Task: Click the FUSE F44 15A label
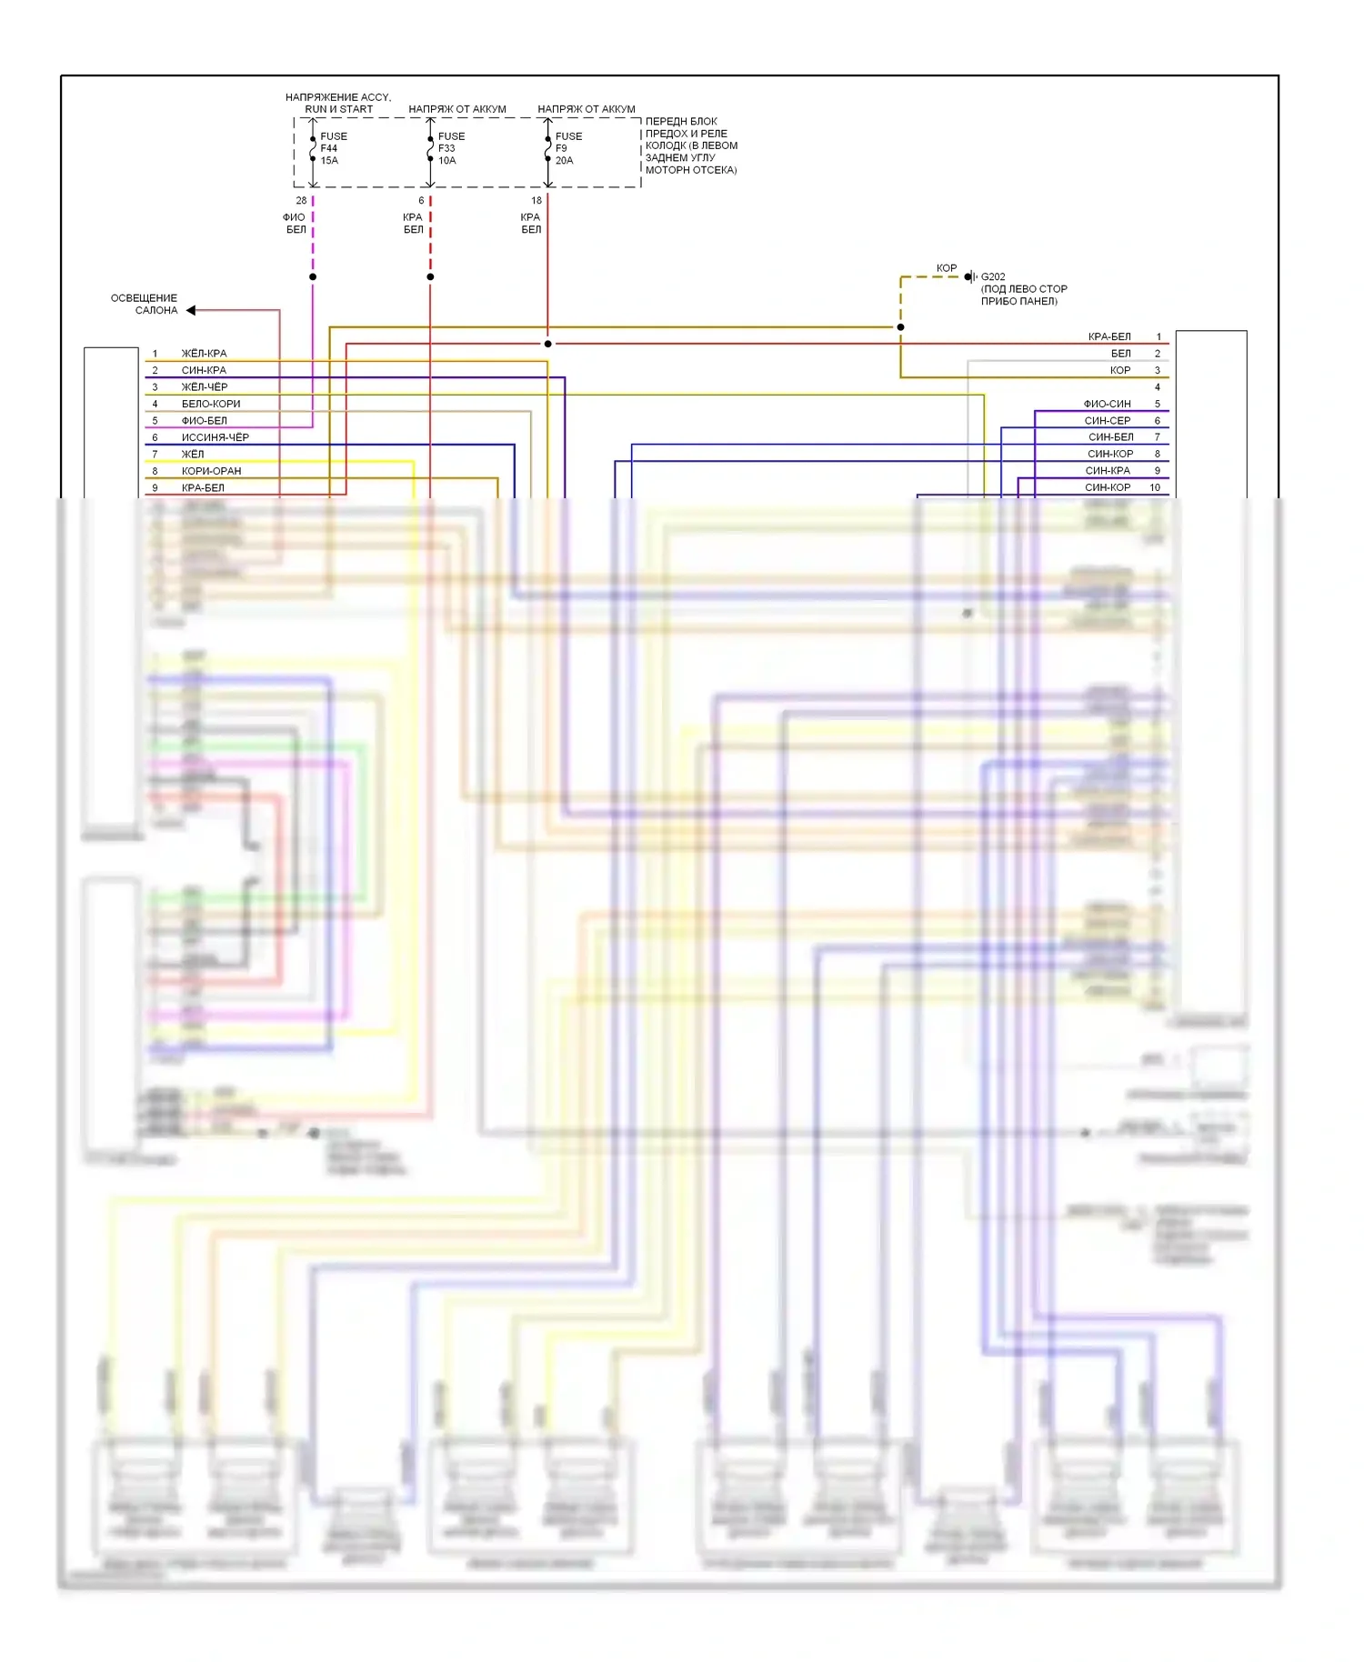coord(333,148)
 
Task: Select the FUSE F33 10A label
coord(450,148)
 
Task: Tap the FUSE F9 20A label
coord(568,148)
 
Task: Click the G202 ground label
coord(993,276)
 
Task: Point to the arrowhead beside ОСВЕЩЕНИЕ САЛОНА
coord(191,310)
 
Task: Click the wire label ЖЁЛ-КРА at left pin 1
coord(204,354)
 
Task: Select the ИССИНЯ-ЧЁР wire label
coord(215,437)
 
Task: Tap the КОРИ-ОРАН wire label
coord(211,471)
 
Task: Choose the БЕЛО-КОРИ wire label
coord(211,404)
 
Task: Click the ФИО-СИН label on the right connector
coord(1107,404)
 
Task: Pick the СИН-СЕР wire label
coord(1107,421)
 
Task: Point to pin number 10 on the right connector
coord(1155,487)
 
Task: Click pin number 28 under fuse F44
coord(301,200)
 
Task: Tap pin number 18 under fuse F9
coord(537,200)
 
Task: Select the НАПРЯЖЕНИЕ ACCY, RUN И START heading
coord(338,103)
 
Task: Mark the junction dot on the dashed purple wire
coord(313,276)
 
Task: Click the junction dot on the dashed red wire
coord(430,276)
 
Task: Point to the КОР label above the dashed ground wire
coord(946,268)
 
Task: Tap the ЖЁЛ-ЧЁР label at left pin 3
coord(205,387)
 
